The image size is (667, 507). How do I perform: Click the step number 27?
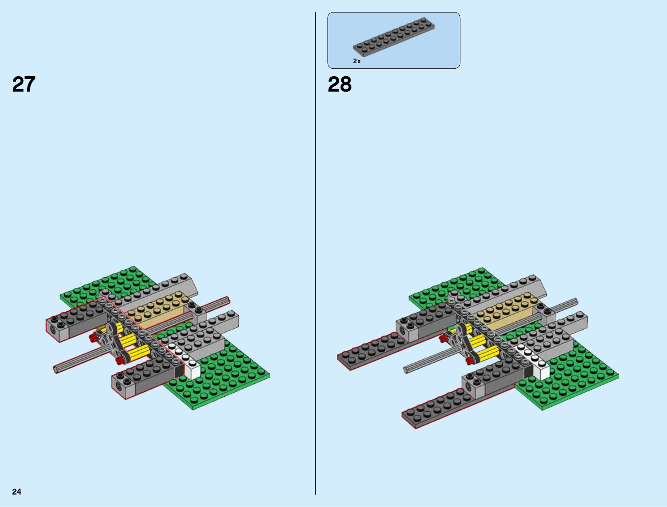(24, 84)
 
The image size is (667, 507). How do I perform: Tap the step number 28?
(339, 84)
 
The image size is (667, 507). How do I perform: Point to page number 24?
(17, 492)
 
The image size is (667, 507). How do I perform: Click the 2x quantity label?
(357, 61)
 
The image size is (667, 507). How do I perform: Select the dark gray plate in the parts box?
(394, 37)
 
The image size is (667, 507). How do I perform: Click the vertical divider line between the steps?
(316, 253)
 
